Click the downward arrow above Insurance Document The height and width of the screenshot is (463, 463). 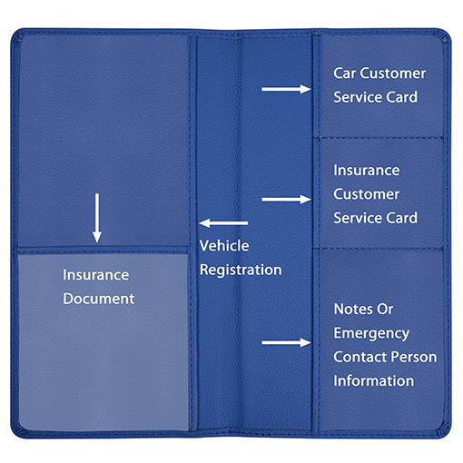click(97, 218)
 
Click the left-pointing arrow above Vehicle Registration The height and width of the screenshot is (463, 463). click(223, 223)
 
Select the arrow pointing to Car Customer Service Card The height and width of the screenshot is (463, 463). click(286, 89)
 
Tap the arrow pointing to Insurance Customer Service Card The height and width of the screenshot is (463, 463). click(286, 200)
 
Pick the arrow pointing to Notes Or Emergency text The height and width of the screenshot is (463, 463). click(286, 342)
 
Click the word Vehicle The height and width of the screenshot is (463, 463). click(224, 245)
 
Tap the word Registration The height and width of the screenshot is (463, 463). click(241, 270)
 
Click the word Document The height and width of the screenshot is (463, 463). click(99, 299)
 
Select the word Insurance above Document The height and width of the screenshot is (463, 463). click(96, 275)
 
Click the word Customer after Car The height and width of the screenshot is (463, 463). click(393, 74)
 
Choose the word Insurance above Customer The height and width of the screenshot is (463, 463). click(367, 170)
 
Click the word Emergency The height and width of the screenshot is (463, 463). click(371, 333)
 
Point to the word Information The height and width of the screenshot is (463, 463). click(374, 380)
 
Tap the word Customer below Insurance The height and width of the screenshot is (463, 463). click(367, 194)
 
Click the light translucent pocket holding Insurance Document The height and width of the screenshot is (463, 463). click(103, 342)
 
